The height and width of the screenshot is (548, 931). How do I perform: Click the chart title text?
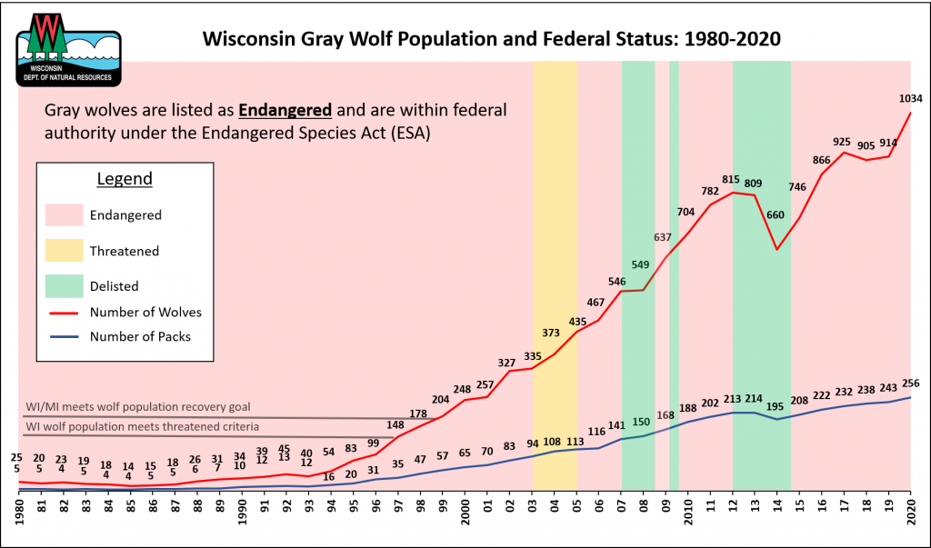pos(491,41)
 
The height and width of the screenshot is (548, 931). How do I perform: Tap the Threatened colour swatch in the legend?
pos(63,251)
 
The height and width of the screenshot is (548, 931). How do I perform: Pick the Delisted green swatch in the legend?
pos(63,285)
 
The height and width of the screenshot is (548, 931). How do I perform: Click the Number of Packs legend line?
pos(63,336)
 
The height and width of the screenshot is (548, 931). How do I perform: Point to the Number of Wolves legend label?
pos(145,312)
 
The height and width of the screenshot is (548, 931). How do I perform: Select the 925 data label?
pos(842,142)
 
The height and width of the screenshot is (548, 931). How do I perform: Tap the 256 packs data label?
pos(911,383)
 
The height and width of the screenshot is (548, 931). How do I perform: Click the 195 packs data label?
pos(776,405)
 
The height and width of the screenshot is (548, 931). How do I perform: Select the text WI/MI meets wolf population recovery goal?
pos(136,407)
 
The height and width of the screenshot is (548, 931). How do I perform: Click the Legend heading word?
pos(125,179)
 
